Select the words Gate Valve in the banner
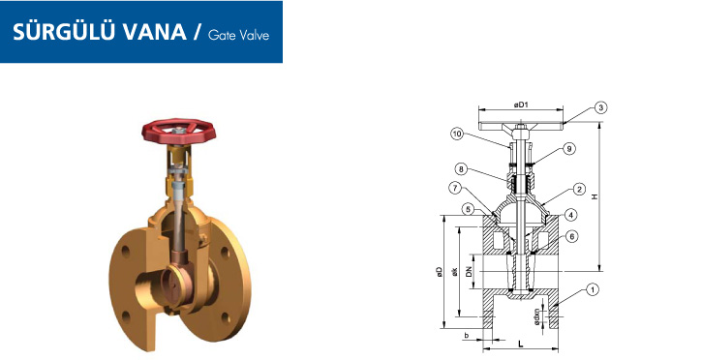pyautogui.click(x=238, y=35)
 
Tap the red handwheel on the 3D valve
pyautogui.click(x=179, y=131)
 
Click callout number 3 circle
pyautogui.click(x=601, y=107)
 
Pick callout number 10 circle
pyautogui.click(x=457, y=134)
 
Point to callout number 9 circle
pyautogui.click(x=569, y=149)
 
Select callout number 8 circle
pyautogui.click(x=461, y=169)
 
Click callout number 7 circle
pyautogui.click(x=455, y=188)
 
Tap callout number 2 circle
pyautogui.click(x=579, y=189)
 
